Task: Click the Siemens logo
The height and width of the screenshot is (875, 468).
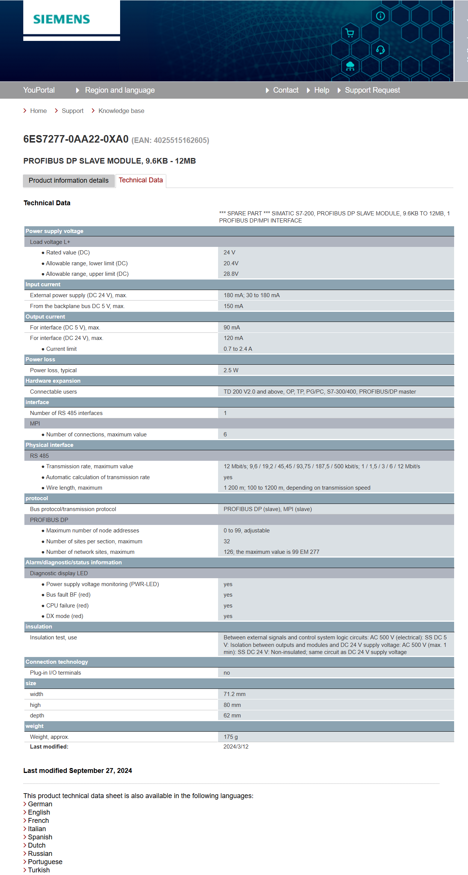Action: [x=62, y=20]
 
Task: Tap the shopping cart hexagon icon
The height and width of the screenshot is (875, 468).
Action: [x=350, y=33]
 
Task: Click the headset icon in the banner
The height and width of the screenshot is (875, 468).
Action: [x=380, y=50]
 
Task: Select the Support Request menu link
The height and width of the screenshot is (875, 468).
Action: [x=372, y=90]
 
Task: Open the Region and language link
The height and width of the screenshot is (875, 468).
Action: [x=119, y=90]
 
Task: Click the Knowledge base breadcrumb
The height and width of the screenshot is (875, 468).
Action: [x=121, y=111]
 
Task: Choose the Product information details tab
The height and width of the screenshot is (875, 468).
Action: [x=69, y=180]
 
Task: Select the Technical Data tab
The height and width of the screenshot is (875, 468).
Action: [x=141, y=180]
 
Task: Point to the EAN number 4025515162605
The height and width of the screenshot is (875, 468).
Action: [x=181, y=140]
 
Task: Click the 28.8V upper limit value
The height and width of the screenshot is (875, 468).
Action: [x=231, y=274]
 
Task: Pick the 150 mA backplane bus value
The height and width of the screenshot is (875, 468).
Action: [x=233, y=306]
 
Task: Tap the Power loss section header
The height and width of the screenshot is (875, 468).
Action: [x=40, y=359]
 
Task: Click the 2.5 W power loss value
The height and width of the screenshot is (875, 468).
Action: [x=231, y=370]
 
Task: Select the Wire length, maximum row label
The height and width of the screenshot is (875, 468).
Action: [x=74, y=488]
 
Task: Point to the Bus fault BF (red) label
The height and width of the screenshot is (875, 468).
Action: [x=68, y=595]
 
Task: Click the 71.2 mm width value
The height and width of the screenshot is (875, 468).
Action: [x=235, y=694]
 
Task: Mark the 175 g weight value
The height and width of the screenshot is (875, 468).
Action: [x=230, y=737]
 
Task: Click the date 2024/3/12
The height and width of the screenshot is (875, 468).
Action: [x=236, y=747]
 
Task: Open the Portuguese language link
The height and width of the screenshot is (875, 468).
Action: [x=45, y=862]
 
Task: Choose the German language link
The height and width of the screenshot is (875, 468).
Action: [x=40, y=804]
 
